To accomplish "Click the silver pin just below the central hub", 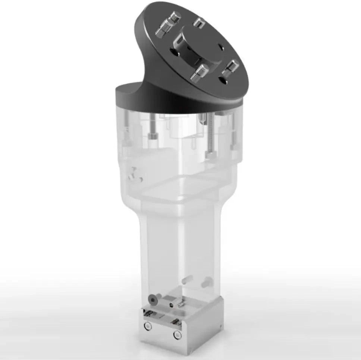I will [x=199, y=72].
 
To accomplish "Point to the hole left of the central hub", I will [x=174, y=53].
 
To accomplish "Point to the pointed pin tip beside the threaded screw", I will [x=201, y=119].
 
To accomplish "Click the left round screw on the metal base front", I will [x=148, y=326].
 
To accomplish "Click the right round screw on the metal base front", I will [x=176, y=335].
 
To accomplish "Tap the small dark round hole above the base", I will [x=171, y=304].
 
